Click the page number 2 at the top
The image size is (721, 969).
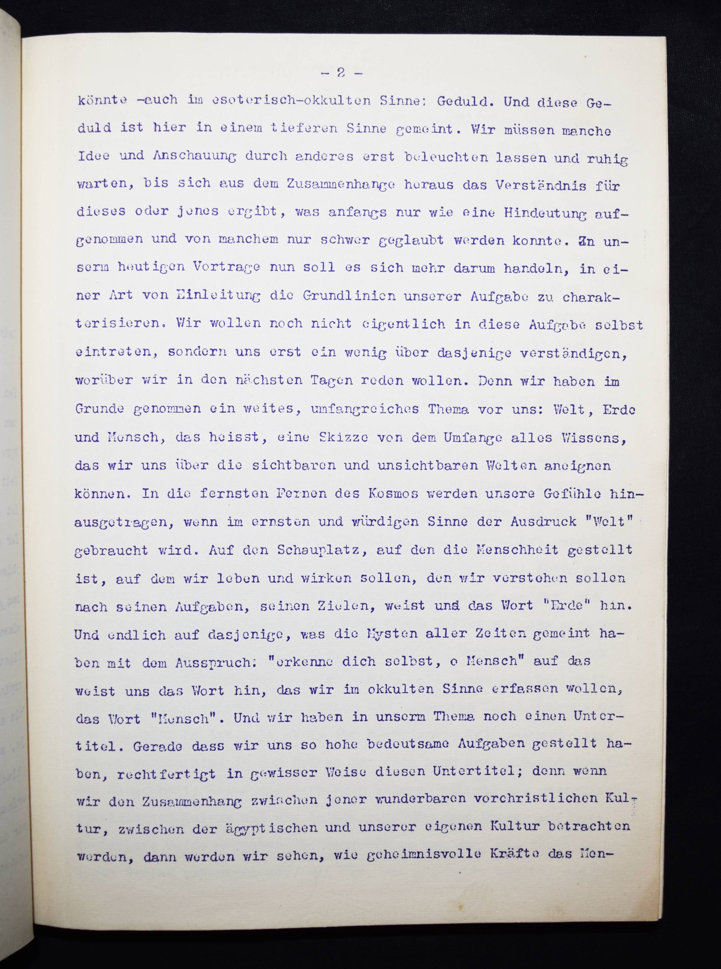click(341, 73)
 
